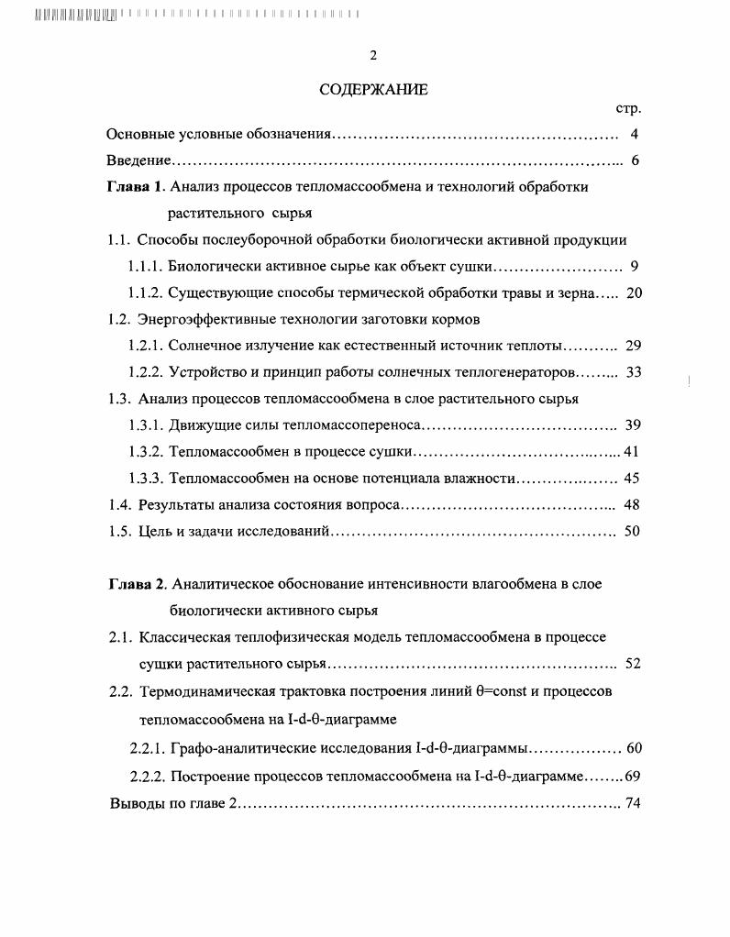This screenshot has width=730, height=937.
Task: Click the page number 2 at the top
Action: (372, 56)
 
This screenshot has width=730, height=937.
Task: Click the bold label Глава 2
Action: (136, 583)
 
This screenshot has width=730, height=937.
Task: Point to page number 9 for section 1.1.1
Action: (634, 267)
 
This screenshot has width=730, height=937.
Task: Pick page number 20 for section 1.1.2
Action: (632, 293)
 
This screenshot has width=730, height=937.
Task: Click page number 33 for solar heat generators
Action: (632, 372)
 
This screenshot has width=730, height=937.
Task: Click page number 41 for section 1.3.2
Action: (631, 452)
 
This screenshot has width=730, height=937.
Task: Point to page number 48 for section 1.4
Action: (631, 504)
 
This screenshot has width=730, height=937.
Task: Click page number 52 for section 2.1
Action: (632, 663)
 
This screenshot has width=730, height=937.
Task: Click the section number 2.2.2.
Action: (147, 777)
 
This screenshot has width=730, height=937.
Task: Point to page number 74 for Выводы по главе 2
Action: (632, 803)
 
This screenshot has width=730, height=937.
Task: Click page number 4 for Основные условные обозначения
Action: (634, 135)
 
